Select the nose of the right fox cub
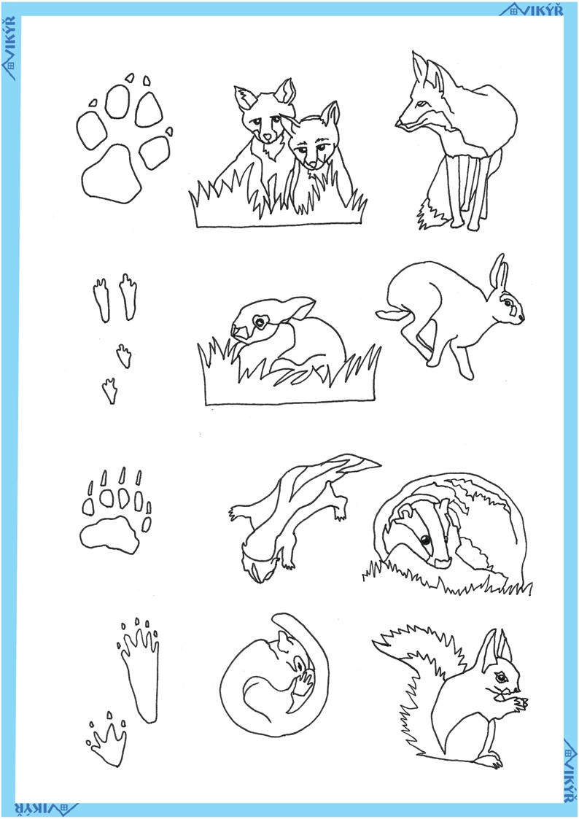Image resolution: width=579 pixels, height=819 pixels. pyautogui.click(x=312, y=166)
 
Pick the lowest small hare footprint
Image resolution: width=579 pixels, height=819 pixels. pyautogui.click(x=109, y=391)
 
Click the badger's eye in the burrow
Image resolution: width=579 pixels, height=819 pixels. pyautogui.click(x=426, y=540)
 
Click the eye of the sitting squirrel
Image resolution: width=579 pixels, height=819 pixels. pyautogui.click(x=501, y=678)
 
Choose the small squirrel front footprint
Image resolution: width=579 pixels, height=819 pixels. pyautogui.click(x=108, y=738)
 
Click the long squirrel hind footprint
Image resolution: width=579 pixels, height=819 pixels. pyautogui.click(x=140, y=670)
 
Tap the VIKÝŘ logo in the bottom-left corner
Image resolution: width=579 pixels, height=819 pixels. pyautogui.click(x=46, y=810)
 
